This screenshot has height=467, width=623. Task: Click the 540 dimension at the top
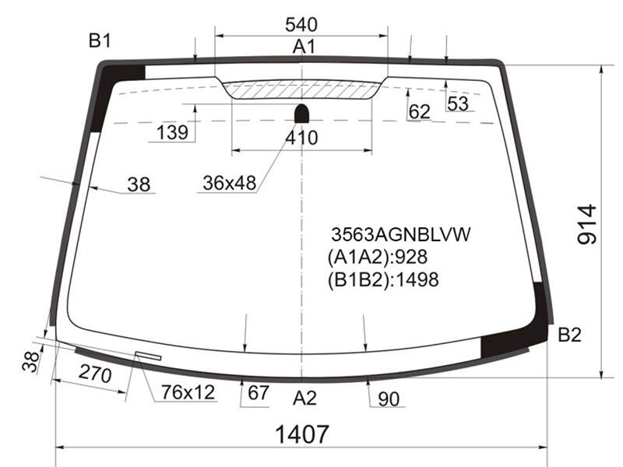[x=301, y=25]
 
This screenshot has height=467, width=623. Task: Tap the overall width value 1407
[x=302, y=434]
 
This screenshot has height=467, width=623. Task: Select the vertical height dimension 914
[x=586, y=224]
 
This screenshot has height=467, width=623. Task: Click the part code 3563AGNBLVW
[x=400, y=234]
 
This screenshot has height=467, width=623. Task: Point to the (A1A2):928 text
[x=378, y=257]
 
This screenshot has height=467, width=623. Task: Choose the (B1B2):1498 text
[x=383, y=279]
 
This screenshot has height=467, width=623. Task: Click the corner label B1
[x=100, y=40]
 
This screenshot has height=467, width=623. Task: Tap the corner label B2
[x=570, y=335]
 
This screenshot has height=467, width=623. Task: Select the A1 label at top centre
[x=304, y=47]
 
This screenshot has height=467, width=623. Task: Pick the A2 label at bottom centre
[x=304, y=398]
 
